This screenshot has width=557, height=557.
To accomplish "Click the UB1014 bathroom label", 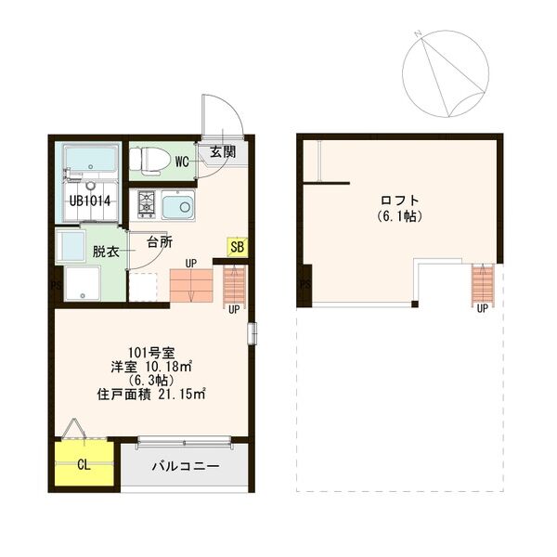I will (89, 201).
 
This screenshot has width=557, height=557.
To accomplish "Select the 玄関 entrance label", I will (223, 151).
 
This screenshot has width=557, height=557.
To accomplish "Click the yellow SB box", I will (237, 248).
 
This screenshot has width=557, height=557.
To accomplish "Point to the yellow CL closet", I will (84, 464).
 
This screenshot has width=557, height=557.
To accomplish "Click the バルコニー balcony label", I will (187, 465).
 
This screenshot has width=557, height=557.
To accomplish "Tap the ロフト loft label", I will (400, 200).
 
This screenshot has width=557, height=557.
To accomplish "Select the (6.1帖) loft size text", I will (400, 217).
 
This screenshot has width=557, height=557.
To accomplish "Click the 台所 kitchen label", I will (159, 243).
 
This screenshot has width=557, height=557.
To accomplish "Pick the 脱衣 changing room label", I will (105, 251).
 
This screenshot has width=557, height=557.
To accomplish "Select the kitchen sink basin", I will (176, 204).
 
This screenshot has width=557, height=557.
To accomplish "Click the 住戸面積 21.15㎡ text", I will (151, 394).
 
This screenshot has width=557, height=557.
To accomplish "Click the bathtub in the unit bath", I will (89, 163).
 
